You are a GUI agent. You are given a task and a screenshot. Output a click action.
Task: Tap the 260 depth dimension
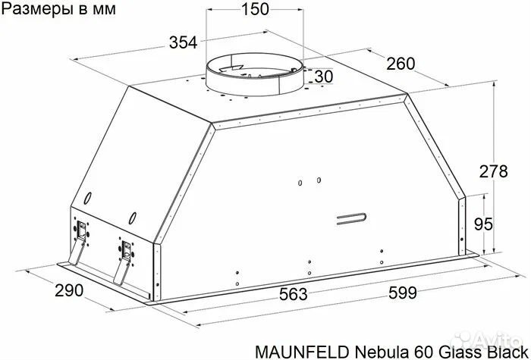click(x=400, y=64)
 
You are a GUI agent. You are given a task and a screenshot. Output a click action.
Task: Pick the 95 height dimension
click(x=494, y=224)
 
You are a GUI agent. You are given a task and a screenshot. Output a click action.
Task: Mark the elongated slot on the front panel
click(x=350, y=220)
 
